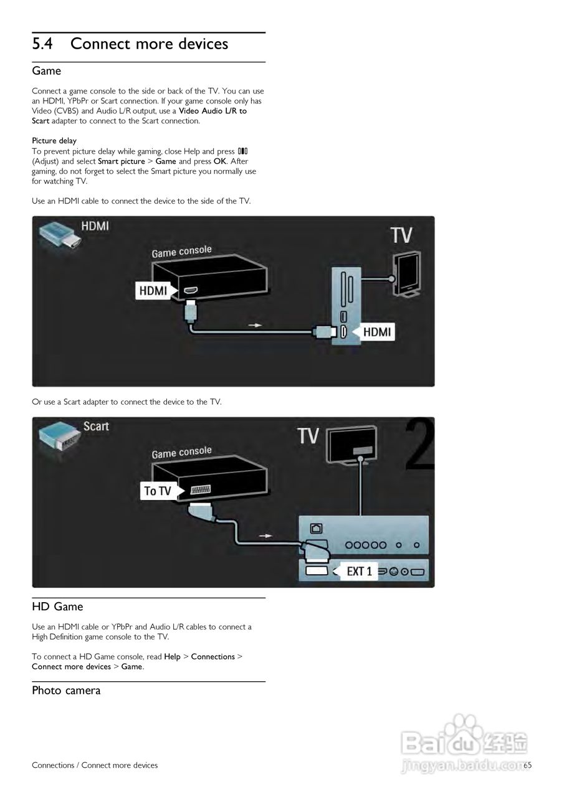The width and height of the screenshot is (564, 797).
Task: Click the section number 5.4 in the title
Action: point(43,44)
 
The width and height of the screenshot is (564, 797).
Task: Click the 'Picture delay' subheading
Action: point(54,141)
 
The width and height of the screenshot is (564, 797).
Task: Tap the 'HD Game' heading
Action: point(57,606)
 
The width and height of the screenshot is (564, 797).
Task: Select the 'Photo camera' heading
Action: point(66,690)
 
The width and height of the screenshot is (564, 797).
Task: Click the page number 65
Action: point(528,765)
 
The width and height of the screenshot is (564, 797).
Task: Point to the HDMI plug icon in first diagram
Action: point(60,235)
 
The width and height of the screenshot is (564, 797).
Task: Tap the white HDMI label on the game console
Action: point(153,290)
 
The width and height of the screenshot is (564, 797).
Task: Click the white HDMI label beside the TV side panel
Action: point(376,332)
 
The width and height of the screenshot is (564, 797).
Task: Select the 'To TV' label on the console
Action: point(158,491)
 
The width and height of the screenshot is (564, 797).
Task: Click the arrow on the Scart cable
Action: point(266,535)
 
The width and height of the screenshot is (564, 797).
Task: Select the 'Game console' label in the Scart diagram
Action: point(181,451)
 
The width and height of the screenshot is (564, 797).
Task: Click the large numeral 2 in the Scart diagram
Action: point(421,445)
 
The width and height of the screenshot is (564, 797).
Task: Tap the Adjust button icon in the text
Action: point(243,151)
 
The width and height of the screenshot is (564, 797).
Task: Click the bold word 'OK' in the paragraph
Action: point(219,161)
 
